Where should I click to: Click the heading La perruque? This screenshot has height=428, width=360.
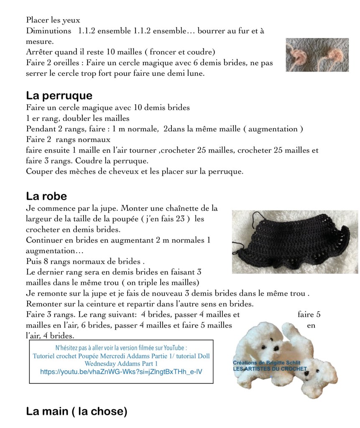[x=59, y=95]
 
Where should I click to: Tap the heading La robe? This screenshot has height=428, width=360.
[x=46, y=196]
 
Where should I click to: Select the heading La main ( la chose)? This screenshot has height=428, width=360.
[x=76, y=411]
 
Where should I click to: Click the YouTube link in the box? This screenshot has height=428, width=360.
[x=121, y=371]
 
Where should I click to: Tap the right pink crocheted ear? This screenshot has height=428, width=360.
[x=336, y=54]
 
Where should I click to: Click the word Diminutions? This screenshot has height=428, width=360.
[x=49, y=31]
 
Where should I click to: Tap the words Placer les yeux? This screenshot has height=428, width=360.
[x=53, y=20]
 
